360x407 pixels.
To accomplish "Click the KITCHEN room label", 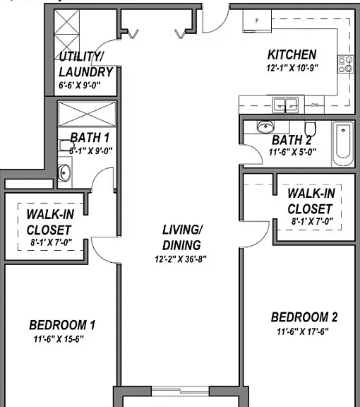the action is point(292,54).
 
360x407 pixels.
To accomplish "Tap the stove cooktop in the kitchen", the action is point(345,64).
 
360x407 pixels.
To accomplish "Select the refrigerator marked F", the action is point(257,21).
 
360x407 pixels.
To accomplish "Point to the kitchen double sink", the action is point(285,105).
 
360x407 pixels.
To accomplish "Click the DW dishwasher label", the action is point(314,105).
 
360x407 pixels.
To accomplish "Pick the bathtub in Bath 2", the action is point(343,144).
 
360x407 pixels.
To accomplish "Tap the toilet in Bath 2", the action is point(310,129).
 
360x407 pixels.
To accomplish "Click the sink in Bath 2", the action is point(265,126).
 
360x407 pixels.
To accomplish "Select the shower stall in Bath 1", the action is point(87,114).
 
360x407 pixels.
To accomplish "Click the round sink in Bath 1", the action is point(64,172).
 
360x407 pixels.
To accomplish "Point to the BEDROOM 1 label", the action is point(62,325).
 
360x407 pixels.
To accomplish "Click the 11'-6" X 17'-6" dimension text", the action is point(303,331).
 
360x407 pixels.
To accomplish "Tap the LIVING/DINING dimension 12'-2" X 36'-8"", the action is point(181,259).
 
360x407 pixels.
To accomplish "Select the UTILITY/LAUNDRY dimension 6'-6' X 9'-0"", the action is point(79,85).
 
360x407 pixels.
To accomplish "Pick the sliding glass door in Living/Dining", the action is point(180,391).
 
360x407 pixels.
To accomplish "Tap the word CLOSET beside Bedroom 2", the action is point(310,209).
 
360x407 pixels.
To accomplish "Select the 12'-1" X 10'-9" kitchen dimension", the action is point(292,68).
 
